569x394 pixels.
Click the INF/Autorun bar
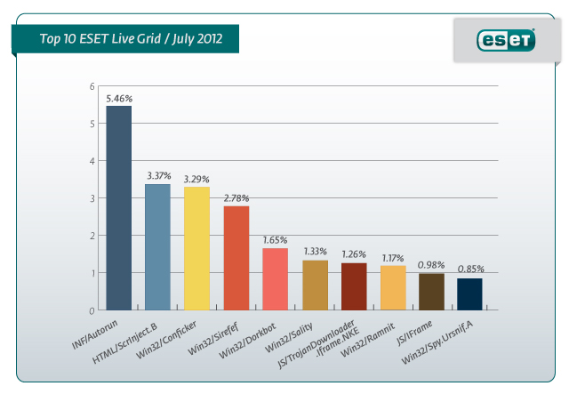click(118, 208)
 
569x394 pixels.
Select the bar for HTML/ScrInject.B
click(157, 247)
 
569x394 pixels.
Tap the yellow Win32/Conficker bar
click(196, 249)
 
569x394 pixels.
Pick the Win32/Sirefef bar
click(236, 258)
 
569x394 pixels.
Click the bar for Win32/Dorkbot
click(275, 279)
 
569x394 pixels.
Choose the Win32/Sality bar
click(315, 285)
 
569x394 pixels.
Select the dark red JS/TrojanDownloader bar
click(354, 286)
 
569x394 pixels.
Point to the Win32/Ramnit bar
click(393, 288)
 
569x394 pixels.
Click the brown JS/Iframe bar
click(431, 292)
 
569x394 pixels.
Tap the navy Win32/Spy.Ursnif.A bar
click(470, 294)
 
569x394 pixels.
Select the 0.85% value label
click(471, 269)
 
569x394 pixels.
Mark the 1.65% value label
click(275, 239)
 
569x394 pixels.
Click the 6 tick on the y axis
click(92, 86)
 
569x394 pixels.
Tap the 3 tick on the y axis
click(92, 198)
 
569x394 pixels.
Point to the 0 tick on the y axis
click(92, 310)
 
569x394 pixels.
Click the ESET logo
click(506, 39)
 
